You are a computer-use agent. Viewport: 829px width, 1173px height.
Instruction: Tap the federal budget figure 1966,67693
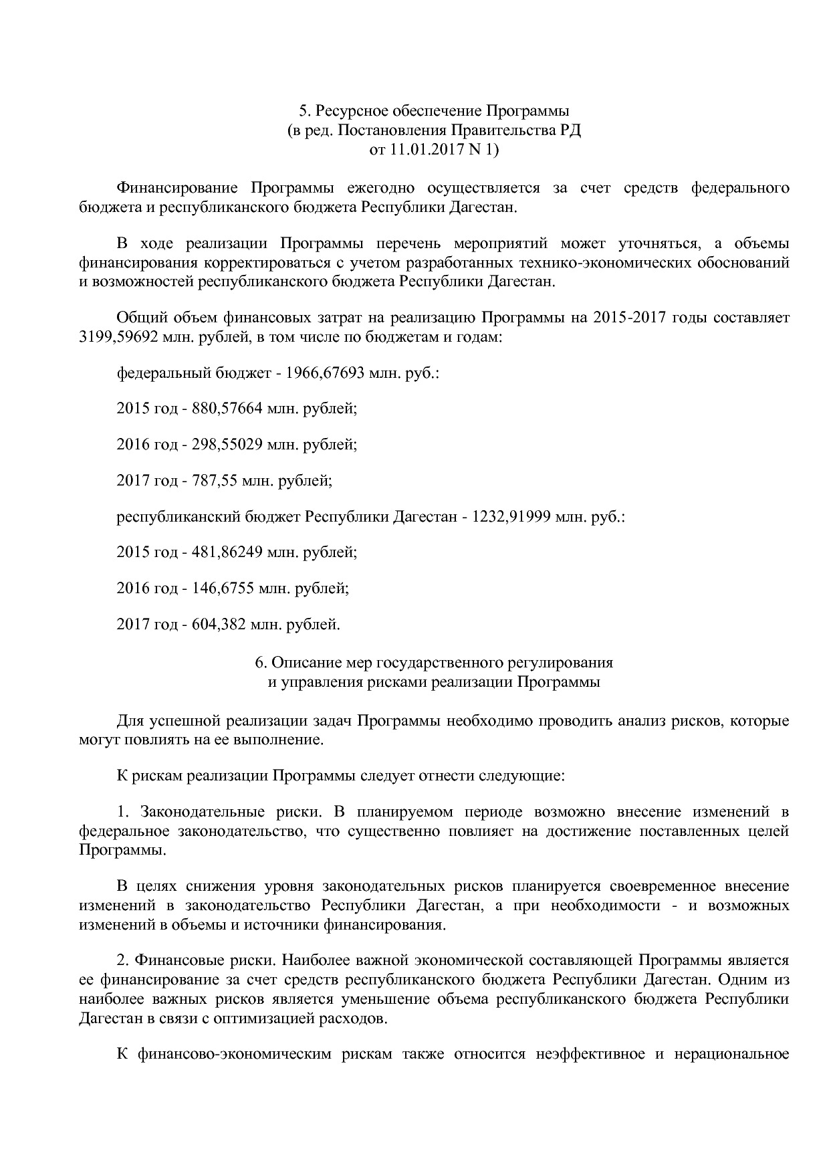click(x=324, y=372)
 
